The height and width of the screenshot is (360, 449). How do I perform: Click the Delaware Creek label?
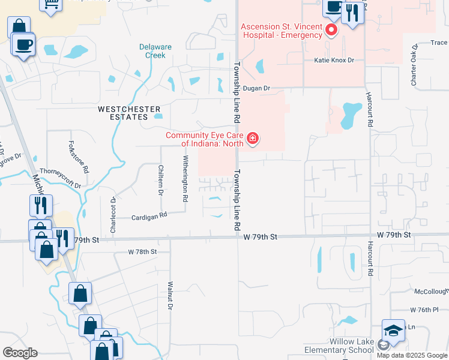pyautogui.click(x=155, y=51)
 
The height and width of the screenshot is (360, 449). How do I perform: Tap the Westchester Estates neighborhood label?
pyautogui.click(x=130, y=113)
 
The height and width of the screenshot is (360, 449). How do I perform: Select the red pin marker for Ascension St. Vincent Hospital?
pyautogui.click(x=331, y=31)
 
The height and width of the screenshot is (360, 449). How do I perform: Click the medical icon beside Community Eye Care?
pyautogui.click(x=253, y=139)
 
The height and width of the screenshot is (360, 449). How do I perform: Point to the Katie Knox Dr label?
pyautogui.click(x=334, y=61)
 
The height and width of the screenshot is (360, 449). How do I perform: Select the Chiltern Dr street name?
pyautogui.click(x=160, y=179)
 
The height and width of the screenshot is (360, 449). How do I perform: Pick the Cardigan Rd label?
pyautogui.click(x=149, y=218)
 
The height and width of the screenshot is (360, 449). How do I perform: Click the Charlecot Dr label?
pyautogui.click(x=112, y=208)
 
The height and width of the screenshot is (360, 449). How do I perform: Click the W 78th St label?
pyautogui.click(x=142, y=252)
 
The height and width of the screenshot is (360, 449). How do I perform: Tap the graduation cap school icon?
pyautogui.click(x=393, y=331)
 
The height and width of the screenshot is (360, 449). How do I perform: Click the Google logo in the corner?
pyautogui.click(x=20, y=353)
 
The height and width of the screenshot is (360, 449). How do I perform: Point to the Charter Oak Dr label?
pyautogui.click(x=414, y=64)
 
